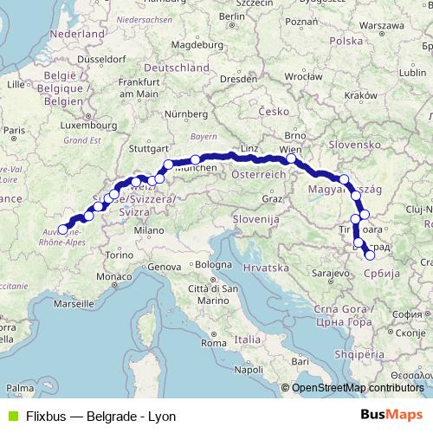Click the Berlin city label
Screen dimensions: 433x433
pos(234,16)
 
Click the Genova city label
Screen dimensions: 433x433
pos(164,268)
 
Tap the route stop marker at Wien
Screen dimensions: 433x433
pos(291,158)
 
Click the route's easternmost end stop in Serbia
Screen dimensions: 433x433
pos(370,255)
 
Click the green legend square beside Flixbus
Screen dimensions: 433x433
pos(10,417)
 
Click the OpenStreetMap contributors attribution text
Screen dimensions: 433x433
pos(357,388)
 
